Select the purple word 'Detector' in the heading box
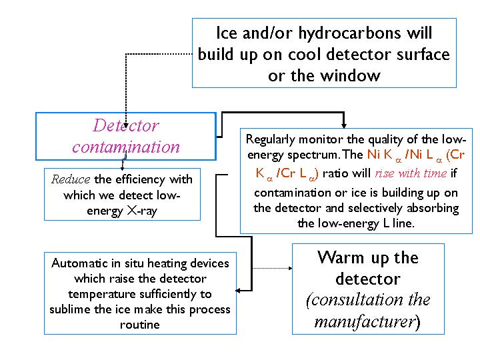click(126, 125)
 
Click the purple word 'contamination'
click(126, 147)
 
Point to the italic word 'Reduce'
click(71, 179)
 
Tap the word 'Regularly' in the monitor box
click(271, 139)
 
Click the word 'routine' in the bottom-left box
click(140, 325)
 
